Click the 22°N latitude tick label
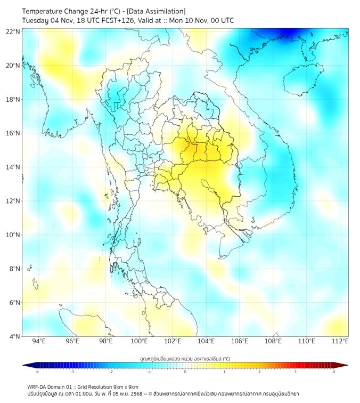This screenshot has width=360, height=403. pyautogui.click(x=13, y=31)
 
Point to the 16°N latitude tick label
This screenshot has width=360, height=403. pyautogui.click(x=13, y=133)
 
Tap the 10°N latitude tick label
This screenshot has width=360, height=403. pyautogui.click(x=13, y=235)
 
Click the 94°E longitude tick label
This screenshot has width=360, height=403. pyautogui.click(x=39, y=341)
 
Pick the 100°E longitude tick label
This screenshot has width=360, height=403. pyautogui.click(x=139, y=341)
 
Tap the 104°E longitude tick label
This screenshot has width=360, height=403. pyautogui.click(x=206, y=341)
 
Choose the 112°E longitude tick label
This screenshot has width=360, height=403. pyautogui.click(x=340, y=341)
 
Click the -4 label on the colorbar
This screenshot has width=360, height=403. pyautogui.click(x=36, y=372)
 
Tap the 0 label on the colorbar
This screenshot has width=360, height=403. pyautogui.click(x=185, y=372)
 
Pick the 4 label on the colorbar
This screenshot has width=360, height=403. pyautogui.click(x=334, y=372)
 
